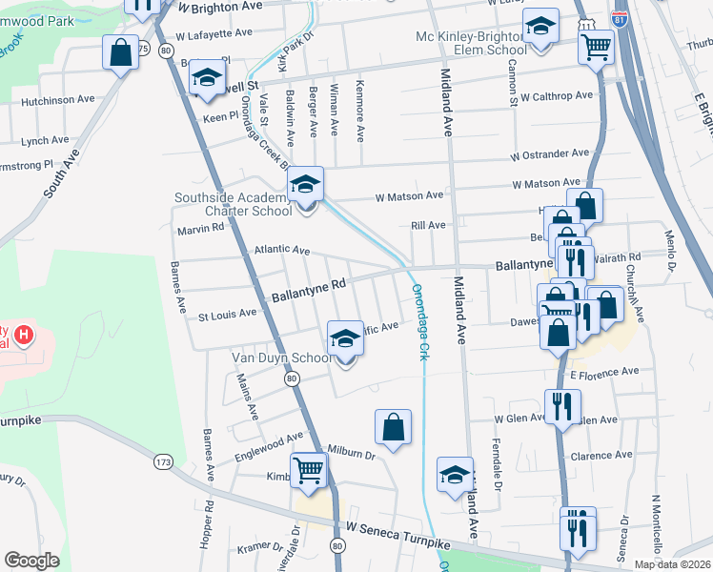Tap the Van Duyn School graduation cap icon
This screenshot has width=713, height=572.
click(345, 337)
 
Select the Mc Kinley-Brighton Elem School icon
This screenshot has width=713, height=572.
click(540, 31)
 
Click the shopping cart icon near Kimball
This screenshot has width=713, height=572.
click(309, 469)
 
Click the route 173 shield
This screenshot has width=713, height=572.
click(163, 461)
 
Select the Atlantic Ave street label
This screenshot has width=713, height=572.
click(281, 250)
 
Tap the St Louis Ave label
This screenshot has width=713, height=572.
click(227, 313)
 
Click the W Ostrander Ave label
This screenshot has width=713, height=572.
click(550, 153)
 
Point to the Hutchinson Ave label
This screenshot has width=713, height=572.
click(58, 98)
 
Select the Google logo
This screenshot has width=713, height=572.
click(31, 561)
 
